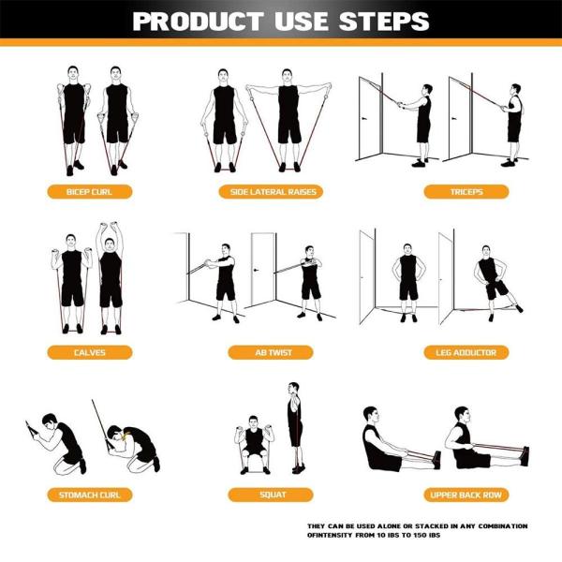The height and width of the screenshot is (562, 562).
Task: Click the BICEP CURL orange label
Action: click(90, 192)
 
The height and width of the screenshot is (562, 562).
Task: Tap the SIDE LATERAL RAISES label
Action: click(274, 192)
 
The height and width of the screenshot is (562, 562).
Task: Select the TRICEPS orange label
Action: click(466, 192)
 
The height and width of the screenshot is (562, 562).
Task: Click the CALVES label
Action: click(90, 353)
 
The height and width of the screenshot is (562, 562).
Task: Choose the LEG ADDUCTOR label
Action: click(466, 353)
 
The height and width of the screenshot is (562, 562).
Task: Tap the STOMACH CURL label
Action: click(90, 495)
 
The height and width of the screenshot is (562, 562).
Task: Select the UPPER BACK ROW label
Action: click(466, 495)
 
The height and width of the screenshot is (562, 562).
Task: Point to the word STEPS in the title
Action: click(379, 21)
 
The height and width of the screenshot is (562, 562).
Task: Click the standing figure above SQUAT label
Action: click(295, 426)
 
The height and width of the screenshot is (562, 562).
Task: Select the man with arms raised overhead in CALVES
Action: click(111, 276)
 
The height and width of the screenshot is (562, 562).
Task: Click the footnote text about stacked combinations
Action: click(417, 529)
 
